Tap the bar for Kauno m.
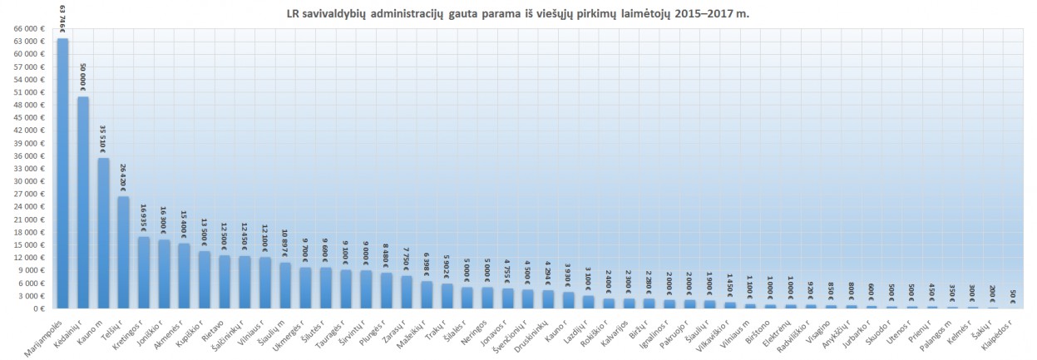103,233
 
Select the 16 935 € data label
144,218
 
